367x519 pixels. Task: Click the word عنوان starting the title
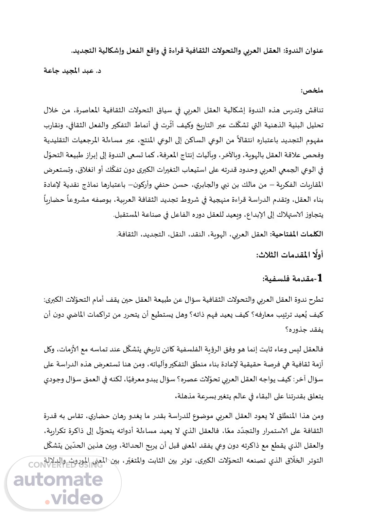pyautogui.click(x=313, y=51)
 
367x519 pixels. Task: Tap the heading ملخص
pyautogui.click(x=312, y=90)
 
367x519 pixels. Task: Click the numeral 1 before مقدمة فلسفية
pyautogui.click(x=318, y=278)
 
